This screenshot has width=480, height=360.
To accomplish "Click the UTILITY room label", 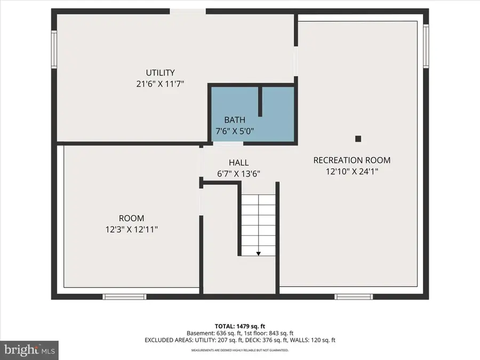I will coord(161,73).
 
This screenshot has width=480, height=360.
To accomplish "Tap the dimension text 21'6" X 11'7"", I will coord(161,84).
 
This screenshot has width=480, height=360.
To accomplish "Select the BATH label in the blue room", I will coord(235,120).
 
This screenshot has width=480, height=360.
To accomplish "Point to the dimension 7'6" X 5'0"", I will coord(235,131).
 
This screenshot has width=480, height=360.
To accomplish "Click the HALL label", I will coord(238,163).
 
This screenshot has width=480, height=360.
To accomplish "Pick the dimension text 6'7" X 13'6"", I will coord(238,173).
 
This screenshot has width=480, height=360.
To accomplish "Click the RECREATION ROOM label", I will coord(351,160).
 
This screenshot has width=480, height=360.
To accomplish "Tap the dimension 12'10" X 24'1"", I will coord(351,171).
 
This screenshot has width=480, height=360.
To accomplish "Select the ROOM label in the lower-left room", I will coord(131,218).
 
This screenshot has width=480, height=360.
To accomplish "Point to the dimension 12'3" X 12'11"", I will coord(131,229).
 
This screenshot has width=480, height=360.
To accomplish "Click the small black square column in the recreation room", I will coord(358,139).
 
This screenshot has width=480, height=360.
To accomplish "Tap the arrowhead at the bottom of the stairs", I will coord(258,253).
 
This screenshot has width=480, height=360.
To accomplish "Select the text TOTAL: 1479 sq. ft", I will coord(240,325).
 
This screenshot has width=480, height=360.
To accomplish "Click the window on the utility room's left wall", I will coord(54,49).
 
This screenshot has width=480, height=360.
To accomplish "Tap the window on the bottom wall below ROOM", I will coord(117,297).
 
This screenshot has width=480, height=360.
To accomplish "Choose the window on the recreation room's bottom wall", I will coord(349,297).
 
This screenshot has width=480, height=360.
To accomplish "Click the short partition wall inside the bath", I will coord(260,101).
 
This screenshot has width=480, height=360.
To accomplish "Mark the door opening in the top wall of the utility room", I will coord(188,11).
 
